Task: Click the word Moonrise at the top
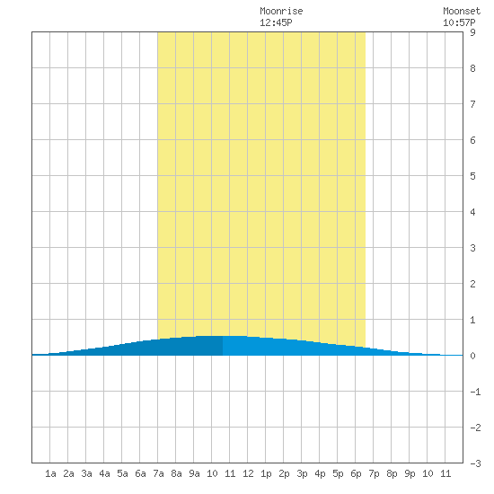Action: [281, 11]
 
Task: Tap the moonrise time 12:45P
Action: [276, 22]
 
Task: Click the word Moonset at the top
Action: [462, 11]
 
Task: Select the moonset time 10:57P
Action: [459, 22]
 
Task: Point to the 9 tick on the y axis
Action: [472, 32]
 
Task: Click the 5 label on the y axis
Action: [472, 176]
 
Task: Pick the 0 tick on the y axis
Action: [472, 356]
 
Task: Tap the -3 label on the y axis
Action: [475, 463]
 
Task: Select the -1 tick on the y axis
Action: [475, 392]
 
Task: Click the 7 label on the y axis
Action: [472, 104]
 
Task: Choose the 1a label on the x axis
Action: [50, 473]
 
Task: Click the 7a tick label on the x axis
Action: [158, 473]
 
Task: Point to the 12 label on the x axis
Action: [248, 473]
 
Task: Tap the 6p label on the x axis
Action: [356, 473]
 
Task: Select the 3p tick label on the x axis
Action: [302, 473]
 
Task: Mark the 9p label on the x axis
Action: [410, 473]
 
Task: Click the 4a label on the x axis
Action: [104, 473]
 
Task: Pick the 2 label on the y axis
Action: [472, 284]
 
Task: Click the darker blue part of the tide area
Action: [157, 348]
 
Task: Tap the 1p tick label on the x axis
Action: [266, 473]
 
